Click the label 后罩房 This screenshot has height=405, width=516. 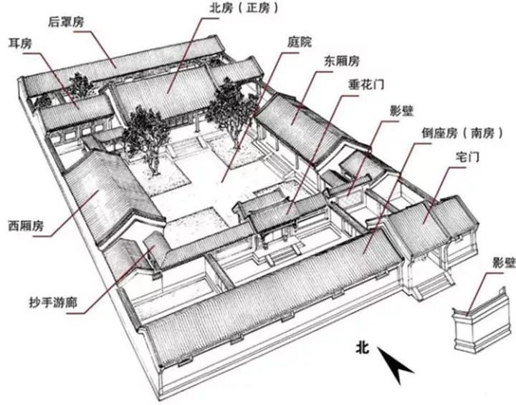coord(65,22)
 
